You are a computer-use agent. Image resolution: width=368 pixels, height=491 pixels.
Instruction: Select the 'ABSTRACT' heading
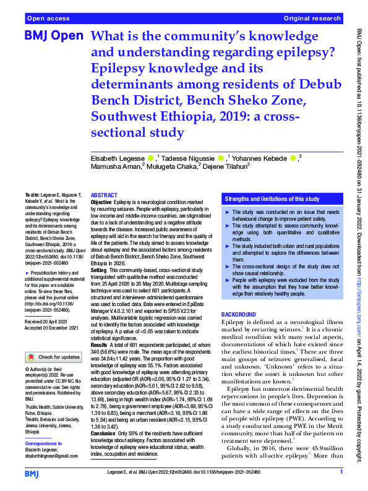[104, 194]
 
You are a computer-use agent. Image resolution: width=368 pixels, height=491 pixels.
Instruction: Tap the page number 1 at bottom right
[341, 472]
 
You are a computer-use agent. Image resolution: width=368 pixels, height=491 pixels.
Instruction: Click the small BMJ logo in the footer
[33, 473]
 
